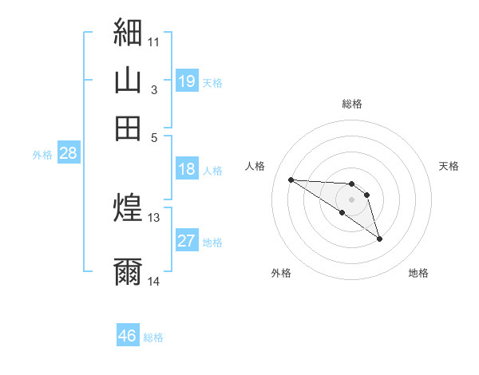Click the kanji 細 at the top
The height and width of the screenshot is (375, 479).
128,32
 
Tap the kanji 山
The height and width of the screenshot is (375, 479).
128,80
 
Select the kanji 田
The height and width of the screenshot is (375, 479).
128,128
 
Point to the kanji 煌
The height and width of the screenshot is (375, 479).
128,207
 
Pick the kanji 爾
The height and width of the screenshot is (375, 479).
128,271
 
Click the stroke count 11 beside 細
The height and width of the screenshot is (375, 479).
153,42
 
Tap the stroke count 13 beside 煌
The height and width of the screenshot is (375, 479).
153,218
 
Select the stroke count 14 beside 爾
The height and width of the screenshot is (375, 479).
153,281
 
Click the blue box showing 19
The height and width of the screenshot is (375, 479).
187,81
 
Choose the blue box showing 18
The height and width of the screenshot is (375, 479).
187,168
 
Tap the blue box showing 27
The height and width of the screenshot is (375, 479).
187,239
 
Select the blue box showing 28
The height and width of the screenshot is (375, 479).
69,152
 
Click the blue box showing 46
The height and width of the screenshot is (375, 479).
128,334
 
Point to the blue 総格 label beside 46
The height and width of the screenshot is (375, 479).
153,337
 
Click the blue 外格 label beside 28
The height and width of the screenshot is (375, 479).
42,155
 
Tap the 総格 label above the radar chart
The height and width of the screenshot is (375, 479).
352,104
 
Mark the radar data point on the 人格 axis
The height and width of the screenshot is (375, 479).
291,180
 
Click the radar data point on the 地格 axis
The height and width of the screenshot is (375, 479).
379,239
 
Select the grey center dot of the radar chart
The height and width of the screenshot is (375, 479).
351,199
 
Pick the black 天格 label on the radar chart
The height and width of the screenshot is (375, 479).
449,166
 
